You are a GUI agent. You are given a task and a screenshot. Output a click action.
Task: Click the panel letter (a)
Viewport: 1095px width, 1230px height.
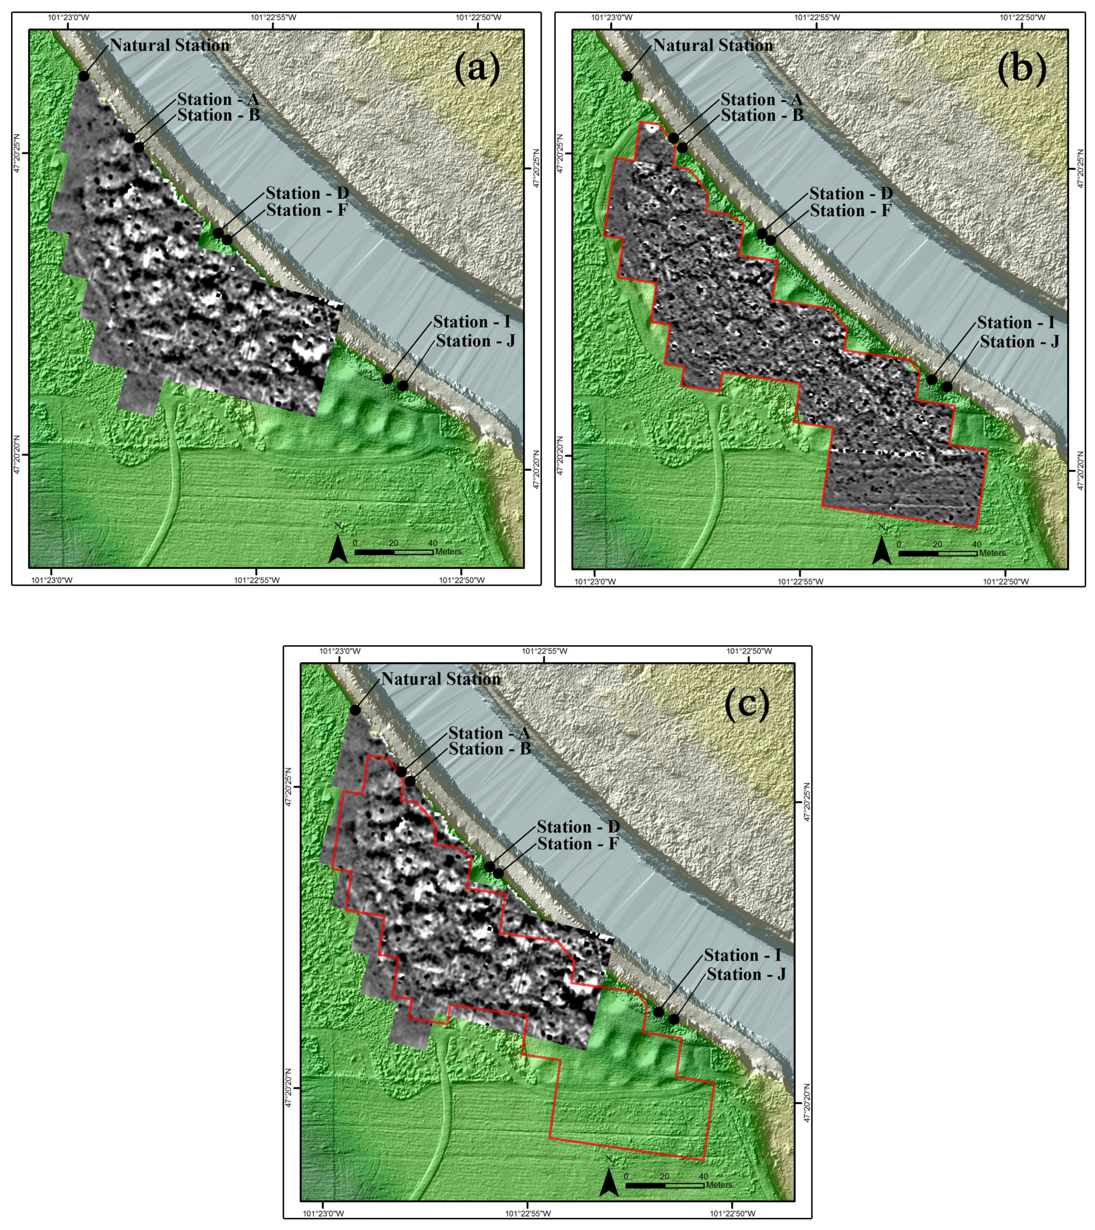click(477, 68)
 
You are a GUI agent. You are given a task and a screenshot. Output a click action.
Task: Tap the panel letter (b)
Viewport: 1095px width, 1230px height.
click(1022, 68)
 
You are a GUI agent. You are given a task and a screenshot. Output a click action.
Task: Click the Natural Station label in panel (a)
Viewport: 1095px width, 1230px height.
click(170, 45)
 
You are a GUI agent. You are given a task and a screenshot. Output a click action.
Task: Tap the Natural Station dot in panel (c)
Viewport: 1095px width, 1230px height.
click(356, 710)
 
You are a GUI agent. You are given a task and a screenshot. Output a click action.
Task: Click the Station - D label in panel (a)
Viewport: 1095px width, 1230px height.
click(307, 193)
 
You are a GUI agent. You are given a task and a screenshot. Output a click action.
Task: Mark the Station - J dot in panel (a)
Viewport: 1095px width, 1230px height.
click(403, 386)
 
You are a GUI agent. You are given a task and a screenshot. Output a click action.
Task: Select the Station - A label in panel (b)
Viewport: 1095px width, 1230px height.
click(761, 99)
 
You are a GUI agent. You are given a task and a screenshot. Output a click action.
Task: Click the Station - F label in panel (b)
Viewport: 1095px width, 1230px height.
click(850, 211)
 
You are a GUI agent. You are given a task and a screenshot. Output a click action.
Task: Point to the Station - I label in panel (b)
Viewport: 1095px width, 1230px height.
click(1015, 323)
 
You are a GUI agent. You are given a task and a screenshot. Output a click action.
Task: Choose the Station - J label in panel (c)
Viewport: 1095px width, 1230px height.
click(746, 974)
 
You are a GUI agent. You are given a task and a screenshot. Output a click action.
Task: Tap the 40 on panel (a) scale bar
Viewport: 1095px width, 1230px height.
click(432, 543)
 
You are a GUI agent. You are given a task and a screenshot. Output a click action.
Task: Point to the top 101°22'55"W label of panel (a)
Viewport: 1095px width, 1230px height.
click(273, 17)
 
